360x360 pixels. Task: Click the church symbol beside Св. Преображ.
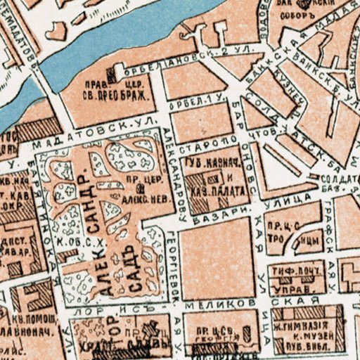point(110,74)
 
